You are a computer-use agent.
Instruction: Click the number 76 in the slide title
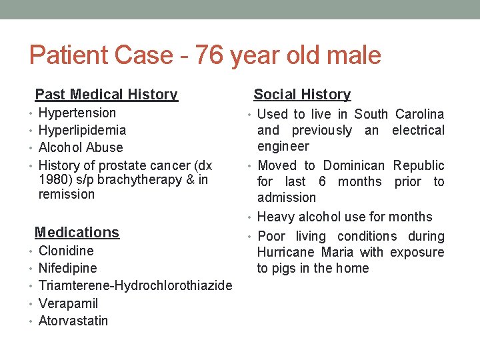click(209, 55)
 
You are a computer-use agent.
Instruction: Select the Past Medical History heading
click(106, 95)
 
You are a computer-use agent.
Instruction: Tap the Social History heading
click(302, 95)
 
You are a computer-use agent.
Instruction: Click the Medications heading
click(77, 232)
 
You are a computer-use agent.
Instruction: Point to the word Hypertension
click(77, 113)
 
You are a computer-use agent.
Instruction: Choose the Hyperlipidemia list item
click(82, 130)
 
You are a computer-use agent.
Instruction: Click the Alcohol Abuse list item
click(81, 147)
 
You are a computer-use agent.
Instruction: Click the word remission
click(67, 194)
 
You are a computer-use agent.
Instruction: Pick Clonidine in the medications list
click(66, 251)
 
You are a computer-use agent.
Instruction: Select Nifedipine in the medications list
click(67, 268)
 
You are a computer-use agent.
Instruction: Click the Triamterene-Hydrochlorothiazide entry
click(135, 285)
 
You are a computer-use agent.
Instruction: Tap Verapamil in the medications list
click(68, 303)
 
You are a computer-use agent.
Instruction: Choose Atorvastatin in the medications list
click(73, 321)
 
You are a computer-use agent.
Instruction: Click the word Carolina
click(419, 114)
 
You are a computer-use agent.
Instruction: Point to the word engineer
click(283, 146)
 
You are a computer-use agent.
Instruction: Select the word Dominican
click(354, 165)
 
